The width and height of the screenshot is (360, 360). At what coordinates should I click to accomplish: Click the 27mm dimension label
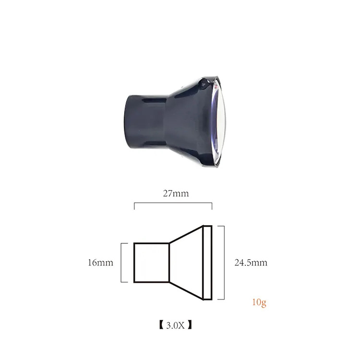(176, 193)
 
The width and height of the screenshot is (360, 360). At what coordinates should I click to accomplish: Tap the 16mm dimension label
(101, 263)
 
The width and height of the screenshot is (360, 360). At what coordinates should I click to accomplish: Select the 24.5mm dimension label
(251, 263)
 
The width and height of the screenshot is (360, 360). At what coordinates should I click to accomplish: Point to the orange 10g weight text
(259, 302)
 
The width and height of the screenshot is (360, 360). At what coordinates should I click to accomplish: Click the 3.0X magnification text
(175, 325)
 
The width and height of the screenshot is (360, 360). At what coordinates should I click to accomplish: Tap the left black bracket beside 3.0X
(161, 325)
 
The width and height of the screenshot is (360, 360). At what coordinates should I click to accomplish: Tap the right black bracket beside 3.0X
(190, 325)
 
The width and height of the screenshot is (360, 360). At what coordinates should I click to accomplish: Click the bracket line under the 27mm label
(173, 203)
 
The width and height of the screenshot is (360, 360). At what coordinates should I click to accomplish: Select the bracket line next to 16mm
(121, 263)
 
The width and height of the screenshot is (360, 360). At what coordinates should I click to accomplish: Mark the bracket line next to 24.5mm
(224, 263)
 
